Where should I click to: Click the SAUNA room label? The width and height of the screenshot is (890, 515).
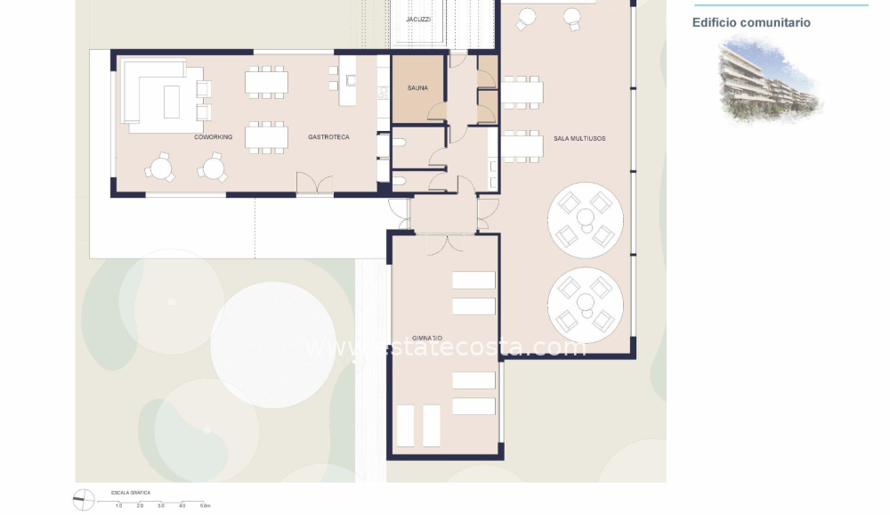click(x=417, y=88)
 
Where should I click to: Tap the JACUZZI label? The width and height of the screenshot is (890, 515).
click(x=418, y=19)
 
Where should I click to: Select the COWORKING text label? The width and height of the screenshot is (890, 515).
click(x=214, y=137)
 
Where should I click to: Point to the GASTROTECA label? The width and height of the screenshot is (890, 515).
click(x=328, y=137)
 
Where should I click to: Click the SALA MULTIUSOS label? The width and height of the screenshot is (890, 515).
click(x=579, y=138)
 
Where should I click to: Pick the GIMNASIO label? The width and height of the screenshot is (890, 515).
click(x=427, y=339)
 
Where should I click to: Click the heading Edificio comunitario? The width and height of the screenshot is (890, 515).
click(x=751, y=23)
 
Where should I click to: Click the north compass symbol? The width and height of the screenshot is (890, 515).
click(x=84, y=500)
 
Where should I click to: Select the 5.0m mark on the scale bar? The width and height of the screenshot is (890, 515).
click(x=204, y=506)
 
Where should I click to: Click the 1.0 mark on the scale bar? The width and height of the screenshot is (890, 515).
click(x=118, y=506)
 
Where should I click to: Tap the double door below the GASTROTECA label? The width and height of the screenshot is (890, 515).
click(x=314, y=184)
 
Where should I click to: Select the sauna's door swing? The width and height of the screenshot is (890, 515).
click(x=436, y=112)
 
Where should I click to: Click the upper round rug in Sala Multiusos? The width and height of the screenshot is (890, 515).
click(x=585, y=219)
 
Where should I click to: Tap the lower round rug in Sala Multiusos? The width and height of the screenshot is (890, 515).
click(x=585, y=300)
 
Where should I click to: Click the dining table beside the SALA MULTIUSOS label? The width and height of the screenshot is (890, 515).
click(x=522, y=146)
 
